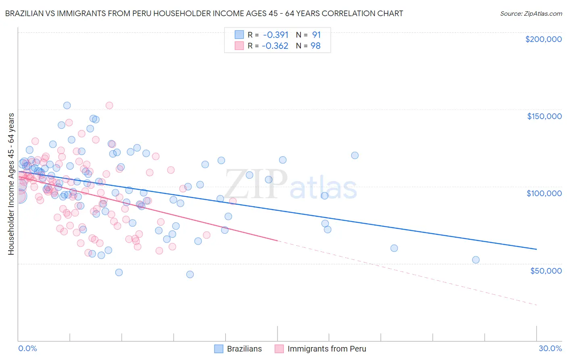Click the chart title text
tap(204, 13)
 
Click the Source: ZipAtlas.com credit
tap(531, 13)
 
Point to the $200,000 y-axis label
tap(543, 39)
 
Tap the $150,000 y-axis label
tap(544, 116)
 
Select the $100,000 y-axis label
tap(544, 193)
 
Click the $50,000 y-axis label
tap(546, 270)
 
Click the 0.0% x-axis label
tap(27, 348)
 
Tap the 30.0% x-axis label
tap(550, 348)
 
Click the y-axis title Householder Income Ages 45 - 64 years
tap(11, 184)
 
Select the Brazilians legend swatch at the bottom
tap(219, 349)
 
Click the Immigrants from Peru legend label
tap(327, 349)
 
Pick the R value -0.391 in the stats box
tap(275, 35)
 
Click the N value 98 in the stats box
tap(315, 46)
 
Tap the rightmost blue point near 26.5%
tap(476, 260)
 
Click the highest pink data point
tap(109, 105)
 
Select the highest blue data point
tap(67, 105)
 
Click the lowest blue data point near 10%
tap(190, 274)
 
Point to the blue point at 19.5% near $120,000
tap(355, 155)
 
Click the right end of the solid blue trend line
tap(536, 249)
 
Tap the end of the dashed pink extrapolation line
tap(537, 305)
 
